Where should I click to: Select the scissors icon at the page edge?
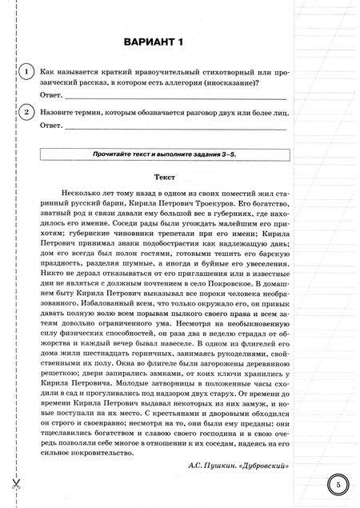tap(14, 484)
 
